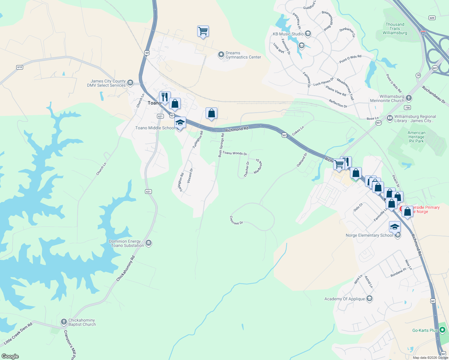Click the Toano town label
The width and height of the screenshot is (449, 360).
click(x=154, y=103)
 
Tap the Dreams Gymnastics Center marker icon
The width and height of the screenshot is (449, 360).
click(x=221, y=55)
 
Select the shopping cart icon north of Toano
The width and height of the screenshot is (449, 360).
click(x=203, y=31)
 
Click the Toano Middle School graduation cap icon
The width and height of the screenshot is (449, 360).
click(x=180, y=123)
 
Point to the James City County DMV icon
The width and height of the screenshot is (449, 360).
click(x=130, y=82)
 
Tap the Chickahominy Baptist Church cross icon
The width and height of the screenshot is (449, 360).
click(x=64, y=322)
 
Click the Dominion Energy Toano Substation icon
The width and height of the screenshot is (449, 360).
click(x=148, y=243)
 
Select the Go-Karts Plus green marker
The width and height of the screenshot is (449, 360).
click(x=442, y=330)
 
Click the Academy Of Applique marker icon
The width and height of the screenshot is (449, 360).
click(x=369, y=298)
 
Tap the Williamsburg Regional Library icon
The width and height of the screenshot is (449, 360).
click(x=390, y=118)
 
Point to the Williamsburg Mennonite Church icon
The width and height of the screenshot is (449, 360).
click(x=408, y=98)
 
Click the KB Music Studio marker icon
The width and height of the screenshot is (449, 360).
click(x=308, y=34)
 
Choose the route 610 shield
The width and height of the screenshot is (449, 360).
click(x=20, y=67)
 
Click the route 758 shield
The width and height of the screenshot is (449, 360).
click(x=407, y=107)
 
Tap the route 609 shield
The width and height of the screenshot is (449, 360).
click(x=432, y=18)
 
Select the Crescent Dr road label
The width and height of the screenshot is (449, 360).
click(x=236, y=221)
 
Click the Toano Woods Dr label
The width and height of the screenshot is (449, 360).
click(x=235, y=153)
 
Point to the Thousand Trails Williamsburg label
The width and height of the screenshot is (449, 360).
click(x=395, y=28)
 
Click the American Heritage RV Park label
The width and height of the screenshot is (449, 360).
click(x=416, y=137)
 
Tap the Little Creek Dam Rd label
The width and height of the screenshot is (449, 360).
click(x=18, y=334)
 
